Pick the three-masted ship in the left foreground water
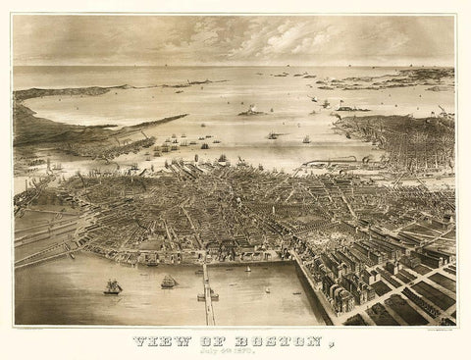pyautogui.click(x=112, y=286)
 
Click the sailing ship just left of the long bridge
pyautogui.click(x=169, y=282)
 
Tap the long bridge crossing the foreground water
pyautogui.click(x=209, y=294)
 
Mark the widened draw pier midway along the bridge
pyautogui.click(x=208, y=292)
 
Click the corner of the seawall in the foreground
pyautogui.click(x=294, y=262)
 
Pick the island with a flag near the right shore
pyautogui.click(x=348, y=107)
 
